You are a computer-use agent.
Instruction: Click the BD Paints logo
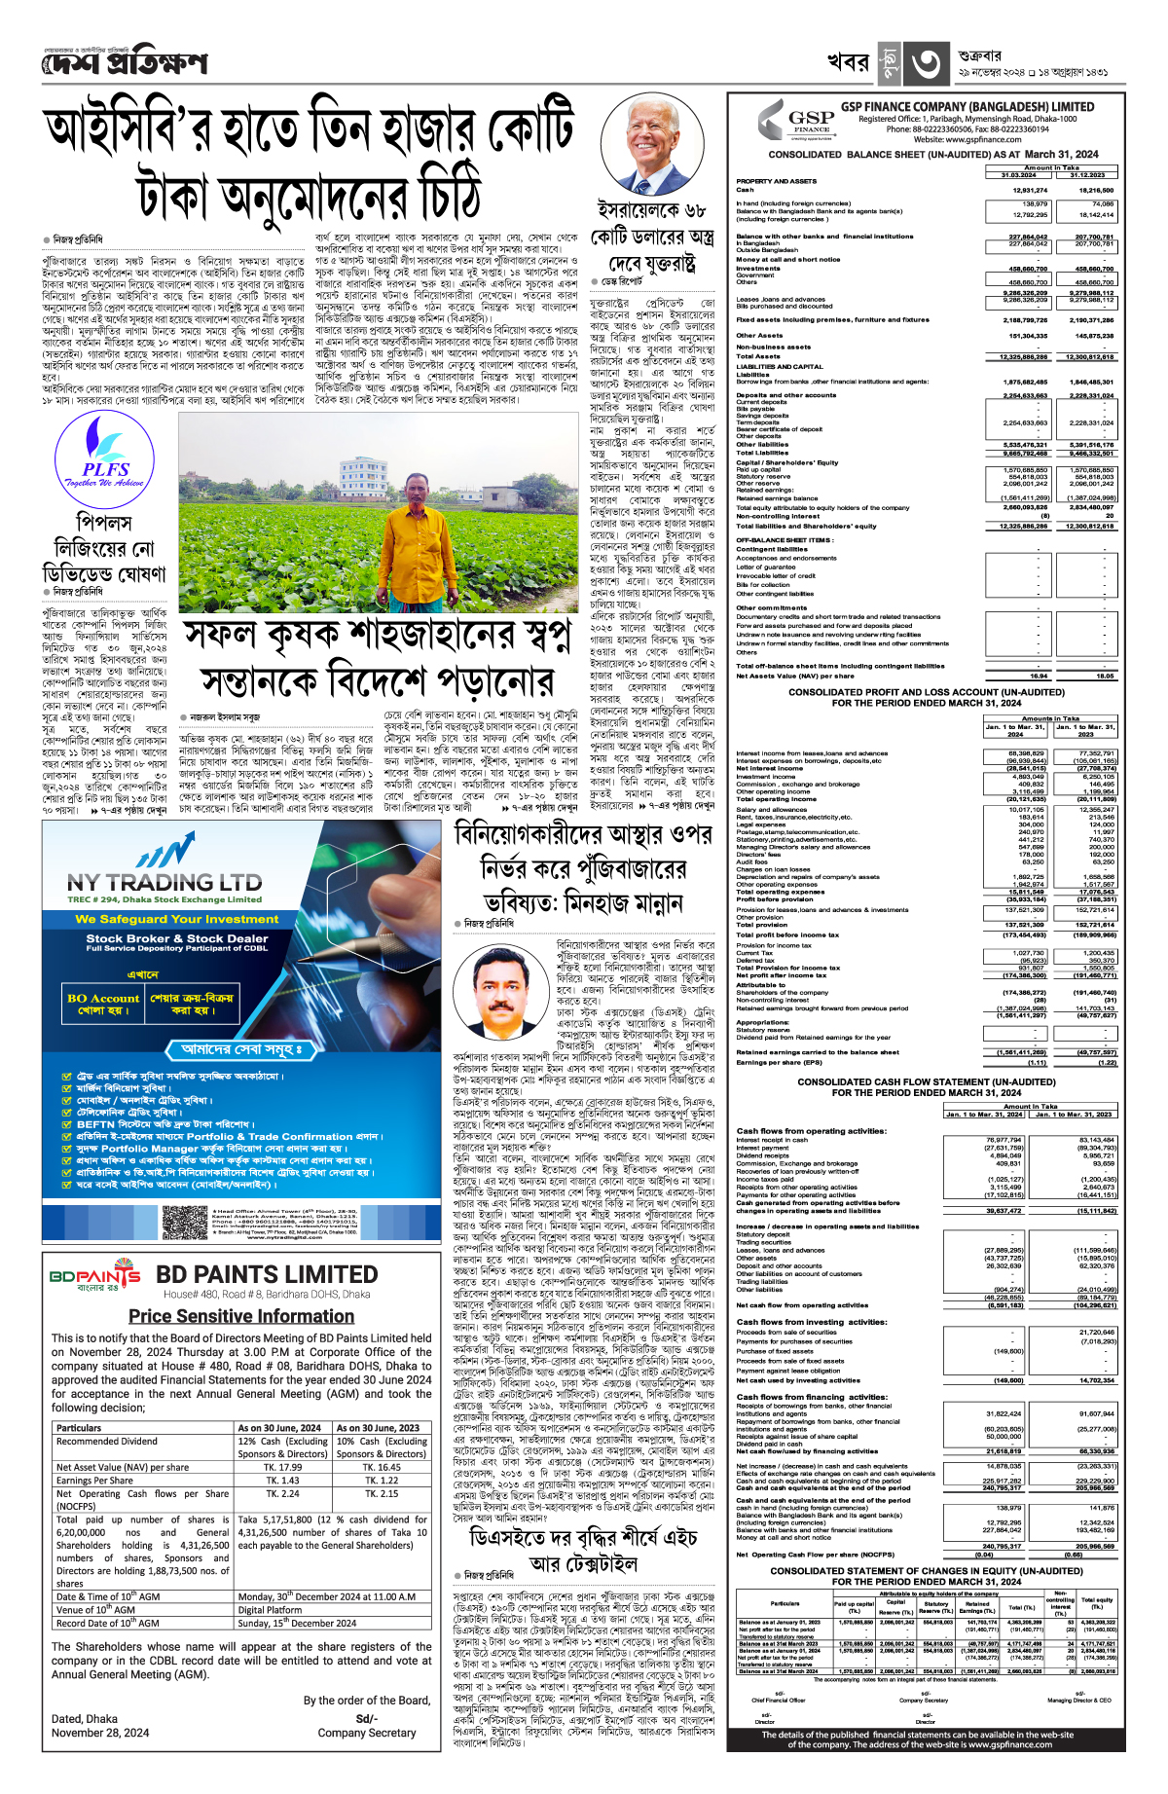(94, 1276)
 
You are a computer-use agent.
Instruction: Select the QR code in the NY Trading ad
(184, 1221)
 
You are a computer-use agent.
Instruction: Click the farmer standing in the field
(384, 516)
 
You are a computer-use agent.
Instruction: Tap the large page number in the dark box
(926, 64)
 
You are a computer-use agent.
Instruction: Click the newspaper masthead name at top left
(125, 63)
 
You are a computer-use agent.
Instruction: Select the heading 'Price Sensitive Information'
(241, 1316)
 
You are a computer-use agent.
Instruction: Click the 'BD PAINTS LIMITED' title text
(267, 1275)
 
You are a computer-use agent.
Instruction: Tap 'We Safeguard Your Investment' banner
(164, 919)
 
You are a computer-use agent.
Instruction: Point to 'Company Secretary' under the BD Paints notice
(366, 1733)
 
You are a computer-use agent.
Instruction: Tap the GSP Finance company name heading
(967, 107)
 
